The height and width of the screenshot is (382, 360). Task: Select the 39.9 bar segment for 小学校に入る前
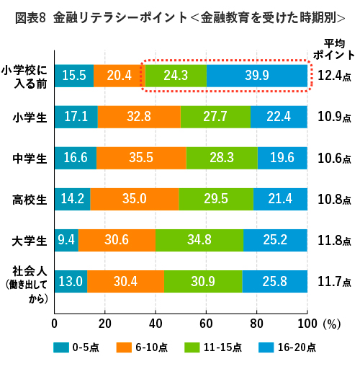pos(257,76)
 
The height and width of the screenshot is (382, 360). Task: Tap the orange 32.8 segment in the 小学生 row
pos(138,116)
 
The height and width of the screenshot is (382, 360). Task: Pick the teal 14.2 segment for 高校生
pos(72,198)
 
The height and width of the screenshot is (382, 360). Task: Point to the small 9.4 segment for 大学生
pos(66,239)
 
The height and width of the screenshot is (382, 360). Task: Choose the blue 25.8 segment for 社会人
pos(274,280)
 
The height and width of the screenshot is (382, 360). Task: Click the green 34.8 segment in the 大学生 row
pos(199,239)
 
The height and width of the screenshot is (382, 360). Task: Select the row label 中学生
pos(30,157)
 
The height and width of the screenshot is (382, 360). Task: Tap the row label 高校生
pos(30,198)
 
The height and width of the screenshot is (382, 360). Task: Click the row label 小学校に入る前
pos(26,76)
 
